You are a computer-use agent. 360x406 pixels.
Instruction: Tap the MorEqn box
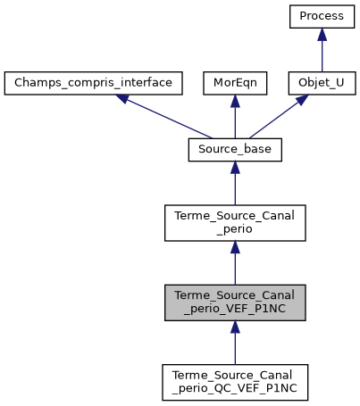[235, 84]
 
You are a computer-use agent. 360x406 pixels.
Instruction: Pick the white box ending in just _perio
[235, 223]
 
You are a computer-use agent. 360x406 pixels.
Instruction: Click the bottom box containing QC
[235, 382]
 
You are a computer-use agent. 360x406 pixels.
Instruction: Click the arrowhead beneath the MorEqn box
[235, 103]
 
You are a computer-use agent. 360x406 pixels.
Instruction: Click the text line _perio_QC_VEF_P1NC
[235, 389]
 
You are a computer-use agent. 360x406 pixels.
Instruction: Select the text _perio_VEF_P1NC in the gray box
[235, 310]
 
